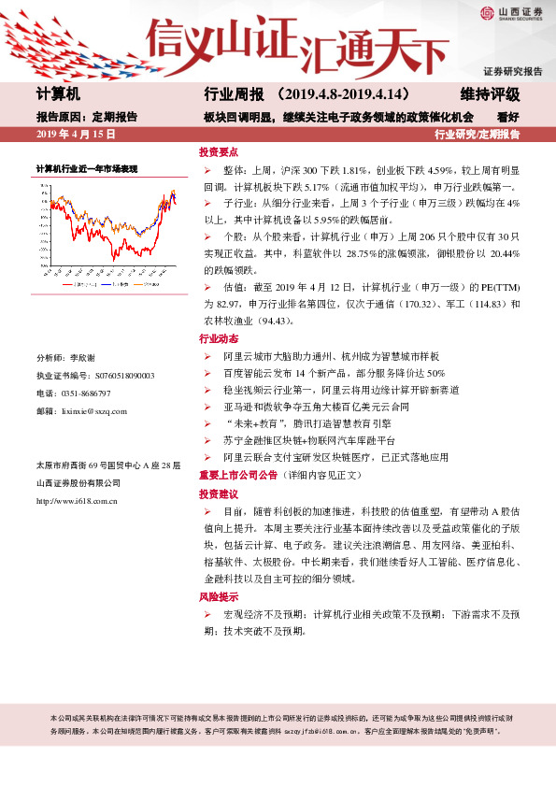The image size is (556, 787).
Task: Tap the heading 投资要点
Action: (218, 152)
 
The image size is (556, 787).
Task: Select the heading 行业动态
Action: (218, 338)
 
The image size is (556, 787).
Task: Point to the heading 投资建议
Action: (218, 493)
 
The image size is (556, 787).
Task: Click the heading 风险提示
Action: (218, 596)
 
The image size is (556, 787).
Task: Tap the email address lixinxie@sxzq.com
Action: (93, 410)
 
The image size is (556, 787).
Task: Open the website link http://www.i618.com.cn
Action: (76, 502)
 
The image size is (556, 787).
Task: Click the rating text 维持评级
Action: (490, 95)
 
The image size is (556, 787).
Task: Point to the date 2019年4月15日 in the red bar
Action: (76, 135)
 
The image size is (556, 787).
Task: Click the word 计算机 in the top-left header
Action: (58, 95)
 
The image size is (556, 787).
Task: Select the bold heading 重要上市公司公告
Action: (238, 475)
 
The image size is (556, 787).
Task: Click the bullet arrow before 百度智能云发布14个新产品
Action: (207, 373)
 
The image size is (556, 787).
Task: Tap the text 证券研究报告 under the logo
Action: (512, 71)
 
